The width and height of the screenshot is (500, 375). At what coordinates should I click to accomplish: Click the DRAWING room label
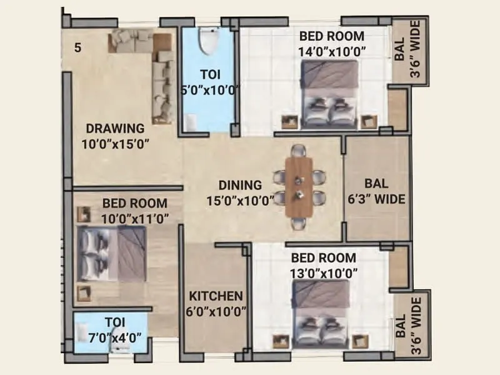(x=115, y=129)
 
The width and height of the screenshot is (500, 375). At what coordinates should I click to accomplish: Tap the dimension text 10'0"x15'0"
(x=115, y=144)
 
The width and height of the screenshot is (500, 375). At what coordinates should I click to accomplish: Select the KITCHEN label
(x=217, y=296)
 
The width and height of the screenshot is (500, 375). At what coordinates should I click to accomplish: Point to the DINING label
(x=240, y=185)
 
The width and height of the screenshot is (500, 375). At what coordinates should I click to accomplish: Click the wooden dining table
(x=299, y=187)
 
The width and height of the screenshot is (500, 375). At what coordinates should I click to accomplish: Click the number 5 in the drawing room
(x=77, y=47)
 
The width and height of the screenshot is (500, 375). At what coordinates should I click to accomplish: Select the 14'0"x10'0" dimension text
(x=332, y=51)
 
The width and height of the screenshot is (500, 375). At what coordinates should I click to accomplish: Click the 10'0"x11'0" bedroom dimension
(x=135, y=218)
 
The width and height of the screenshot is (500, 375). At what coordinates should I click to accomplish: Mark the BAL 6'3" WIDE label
(x=376, y=192)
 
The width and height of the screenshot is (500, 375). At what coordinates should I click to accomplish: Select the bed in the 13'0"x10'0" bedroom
(x=322, y=312)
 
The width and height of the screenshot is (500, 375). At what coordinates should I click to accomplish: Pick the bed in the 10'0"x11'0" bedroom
(x=112, y=254)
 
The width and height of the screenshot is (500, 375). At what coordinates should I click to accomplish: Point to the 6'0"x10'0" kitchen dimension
(x=217, y=311)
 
